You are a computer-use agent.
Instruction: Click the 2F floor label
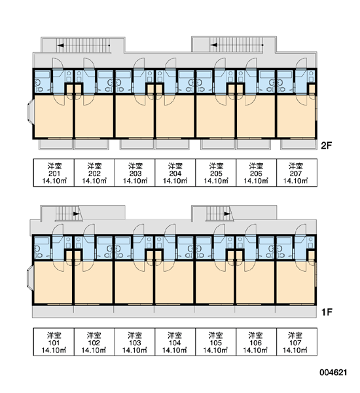click(326, 145)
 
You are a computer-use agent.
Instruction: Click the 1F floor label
click(327, 312)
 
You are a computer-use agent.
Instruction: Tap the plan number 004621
click(333, 373)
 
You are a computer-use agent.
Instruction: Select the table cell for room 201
click(54, 173)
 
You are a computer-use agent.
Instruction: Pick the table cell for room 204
click(175, 173)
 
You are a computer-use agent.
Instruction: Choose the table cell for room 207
click(297, 173)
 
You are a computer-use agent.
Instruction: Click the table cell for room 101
click(54, 342)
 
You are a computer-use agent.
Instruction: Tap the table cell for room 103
click(135, 342)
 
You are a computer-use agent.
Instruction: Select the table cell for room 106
click(256, 342)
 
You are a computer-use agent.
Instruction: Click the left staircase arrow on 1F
click(77, 214)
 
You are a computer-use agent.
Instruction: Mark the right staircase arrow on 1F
click(227, 214)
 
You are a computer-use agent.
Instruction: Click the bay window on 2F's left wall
click(30, 112)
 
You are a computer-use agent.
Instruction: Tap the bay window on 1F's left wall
click(30, 278)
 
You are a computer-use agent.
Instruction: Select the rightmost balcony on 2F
click(298, 144)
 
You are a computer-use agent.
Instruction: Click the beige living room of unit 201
click(54, 116)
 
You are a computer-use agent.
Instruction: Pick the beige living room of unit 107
click(296, 282)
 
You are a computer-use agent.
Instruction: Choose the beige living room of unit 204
click(175, 116)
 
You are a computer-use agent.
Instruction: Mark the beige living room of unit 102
click(94, 282)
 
